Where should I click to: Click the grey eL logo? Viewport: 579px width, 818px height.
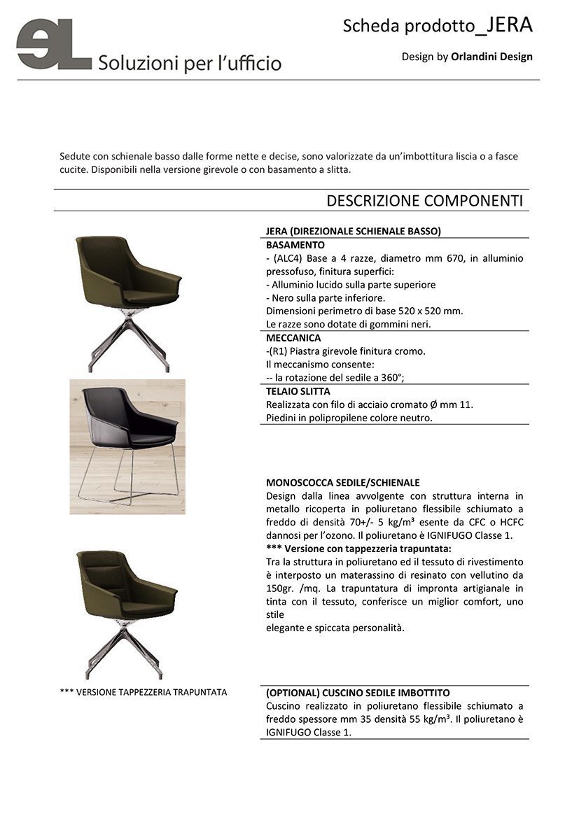(x=53, y=45)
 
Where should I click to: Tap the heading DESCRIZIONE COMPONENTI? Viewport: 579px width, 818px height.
(x=424, y=201)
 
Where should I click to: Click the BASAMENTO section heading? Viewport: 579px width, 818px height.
(x=295, y=246)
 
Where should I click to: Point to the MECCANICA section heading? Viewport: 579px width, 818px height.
(x=293, y=338)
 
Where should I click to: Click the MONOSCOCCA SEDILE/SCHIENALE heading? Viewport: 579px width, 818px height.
(x=343, y=483)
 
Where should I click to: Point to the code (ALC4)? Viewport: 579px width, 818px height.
(x=288, y=258)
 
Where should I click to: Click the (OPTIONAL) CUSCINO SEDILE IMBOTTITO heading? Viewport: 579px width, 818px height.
(x=358, y=692)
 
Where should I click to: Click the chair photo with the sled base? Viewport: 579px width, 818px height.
(x=127, y=446)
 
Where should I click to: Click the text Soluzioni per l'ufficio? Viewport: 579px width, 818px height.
(x=190, y=63)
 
